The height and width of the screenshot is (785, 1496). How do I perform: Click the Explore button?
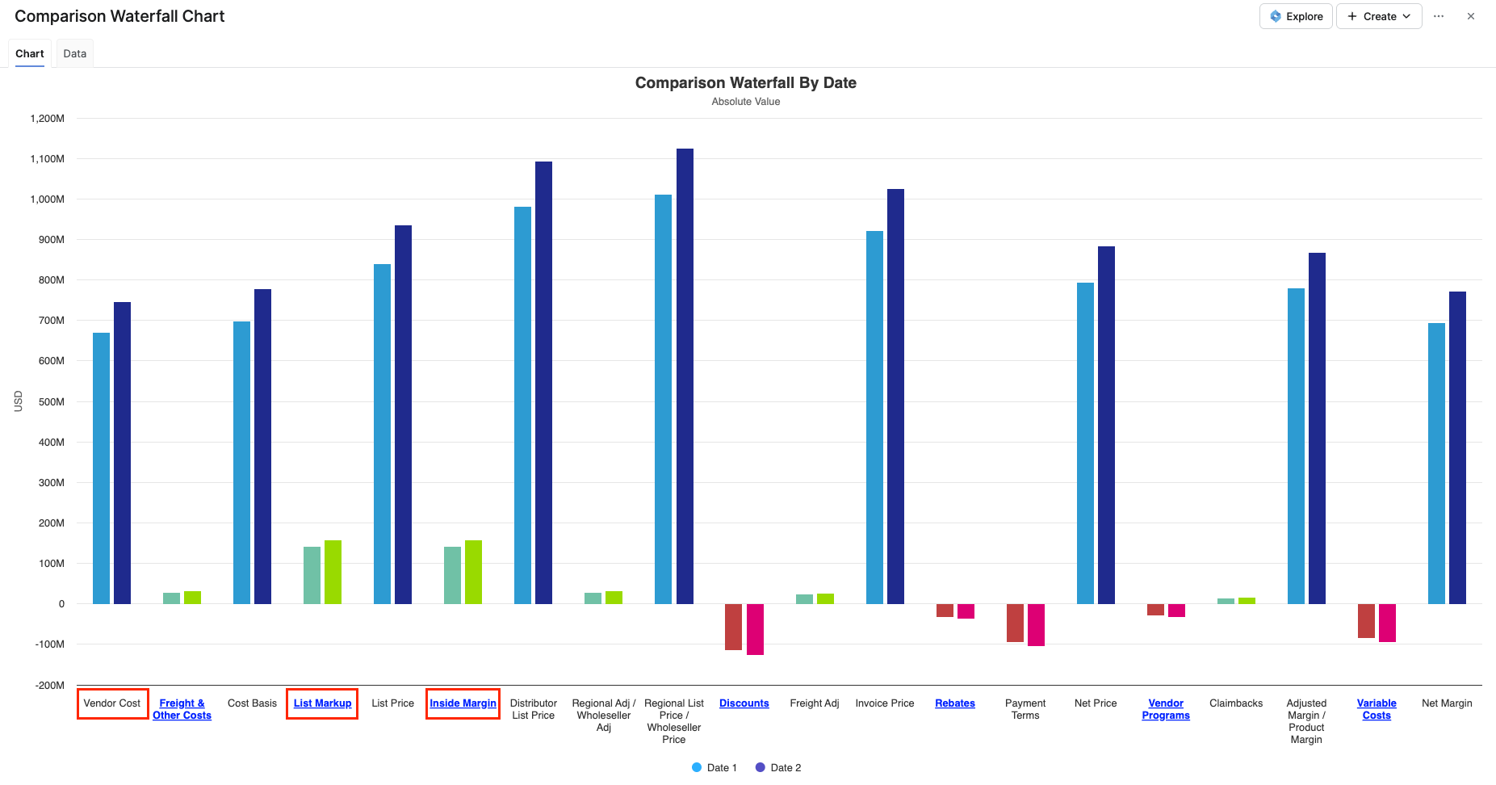(x=1296, y=16)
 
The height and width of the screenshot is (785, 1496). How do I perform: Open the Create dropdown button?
(x=1379, y=16)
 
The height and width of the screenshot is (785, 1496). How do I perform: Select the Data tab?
(x=74, y=53)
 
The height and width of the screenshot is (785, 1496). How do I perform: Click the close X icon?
(x=1471, y=16)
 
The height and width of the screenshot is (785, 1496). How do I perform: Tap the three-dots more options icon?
(x=1439, y=16)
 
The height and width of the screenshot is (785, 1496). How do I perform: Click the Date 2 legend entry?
(x=778, y=767)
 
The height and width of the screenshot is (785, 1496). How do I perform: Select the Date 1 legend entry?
(x=714, y=767)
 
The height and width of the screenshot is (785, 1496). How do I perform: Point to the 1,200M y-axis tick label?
(x=48, y=119)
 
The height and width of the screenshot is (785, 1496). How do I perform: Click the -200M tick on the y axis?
(x=50, y=685)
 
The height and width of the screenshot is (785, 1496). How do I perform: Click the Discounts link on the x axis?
(x=744, y=703)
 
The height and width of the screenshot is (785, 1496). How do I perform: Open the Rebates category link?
(x=954, y=703)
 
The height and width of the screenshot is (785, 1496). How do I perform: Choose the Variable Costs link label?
(x=1377, y=709)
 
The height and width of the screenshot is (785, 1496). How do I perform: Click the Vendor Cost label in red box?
(x=112, y=703)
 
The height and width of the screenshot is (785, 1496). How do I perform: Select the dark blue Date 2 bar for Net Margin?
(x=1457, y=447)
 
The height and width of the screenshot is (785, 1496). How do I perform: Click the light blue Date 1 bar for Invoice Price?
(x=874, y=417)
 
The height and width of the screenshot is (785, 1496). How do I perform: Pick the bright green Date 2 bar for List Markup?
(x=333, y=572)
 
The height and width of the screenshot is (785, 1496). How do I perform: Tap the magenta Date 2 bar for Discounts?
(x=755, y=629)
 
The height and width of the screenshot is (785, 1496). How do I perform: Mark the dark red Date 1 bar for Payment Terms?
(x=1015, y=623)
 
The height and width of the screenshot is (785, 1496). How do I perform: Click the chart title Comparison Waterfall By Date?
(x=745, y=82)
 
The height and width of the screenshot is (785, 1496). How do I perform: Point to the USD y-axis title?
(x=19, y=401)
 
